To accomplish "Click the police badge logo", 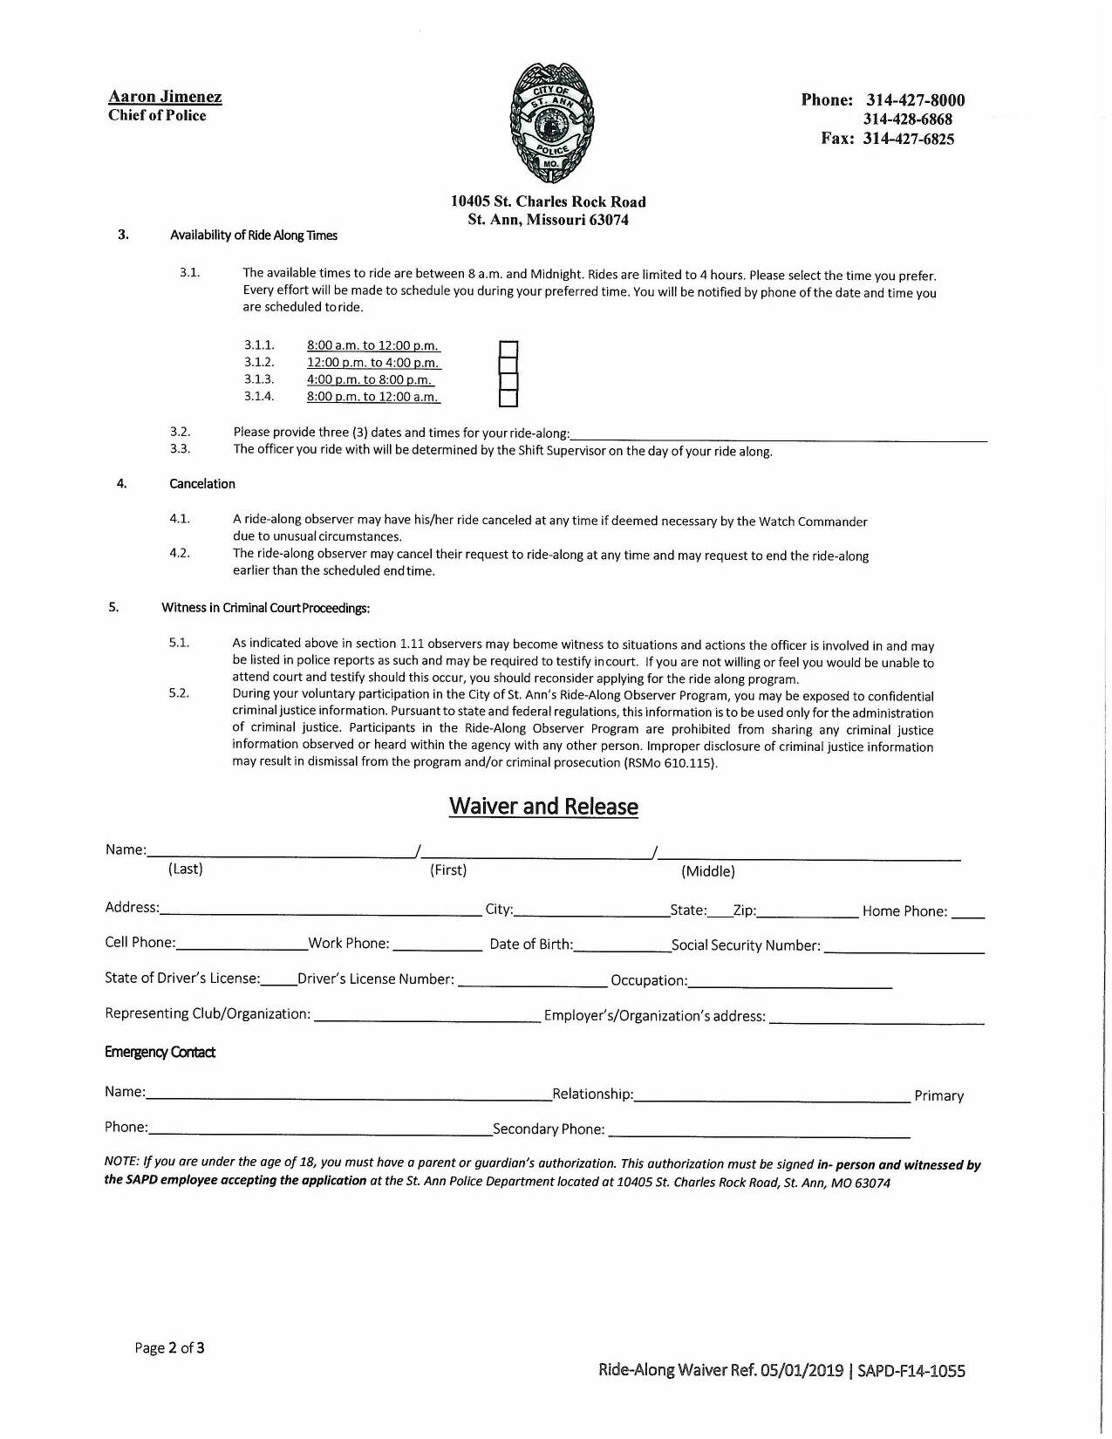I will coord(551,122).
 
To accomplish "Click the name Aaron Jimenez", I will coord(165,97).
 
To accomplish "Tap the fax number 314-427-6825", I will coord(908,139).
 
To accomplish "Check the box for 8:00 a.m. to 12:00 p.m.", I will coord(508,349).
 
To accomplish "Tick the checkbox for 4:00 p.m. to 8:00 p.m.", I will coord(508,382).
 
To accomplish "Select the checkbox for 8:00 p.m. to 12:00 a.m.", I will coord(508,399).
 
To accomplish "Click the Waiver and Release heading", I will coord(543,806).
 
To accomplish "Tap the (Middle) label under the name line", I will coord(707,871).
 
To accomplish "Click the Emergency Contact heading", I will coord(160,1052).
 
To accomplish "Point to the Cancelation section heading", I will coord(202,484).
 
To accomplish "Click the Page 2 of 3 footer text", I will coord(169,1347).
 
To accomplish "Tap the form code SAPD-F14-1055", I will coord(911,1370).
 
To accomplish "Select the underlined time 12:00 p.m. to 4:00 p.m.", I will coord(373,363).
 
